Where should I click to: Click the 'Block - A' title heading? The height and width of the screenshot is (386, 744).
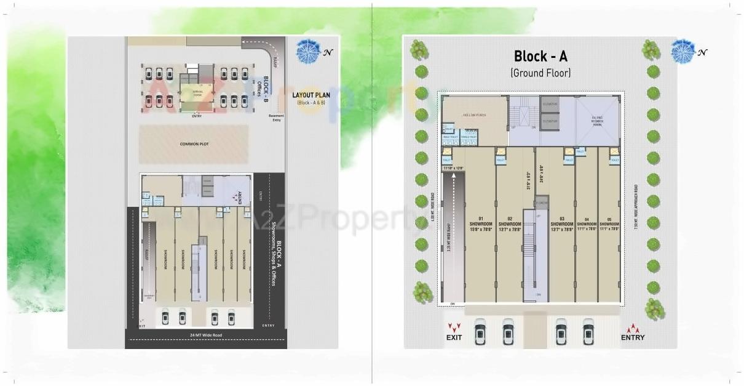tap(540, 57)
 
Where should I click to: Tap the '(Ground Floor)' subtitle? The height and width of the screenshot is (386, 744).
tap(540, 73)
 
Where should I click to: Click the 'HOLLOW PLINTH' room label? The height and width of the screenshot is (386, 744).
tap(475, 115)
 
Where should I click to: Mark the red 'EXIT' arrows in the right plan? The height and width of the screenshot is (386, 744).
tap(454, 328)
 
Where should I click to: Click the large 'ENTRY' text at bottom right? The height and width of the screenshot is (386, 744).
tap(633, 337)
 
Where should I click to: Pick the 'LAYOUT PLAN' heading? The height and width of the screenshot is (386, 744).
tap(312, 95)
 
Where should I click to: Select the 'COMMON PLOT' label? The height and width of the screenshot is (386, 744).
tap(194, 144)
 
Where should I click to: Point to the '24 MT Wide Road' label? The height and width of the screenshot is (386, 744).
tap(205, 336)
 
